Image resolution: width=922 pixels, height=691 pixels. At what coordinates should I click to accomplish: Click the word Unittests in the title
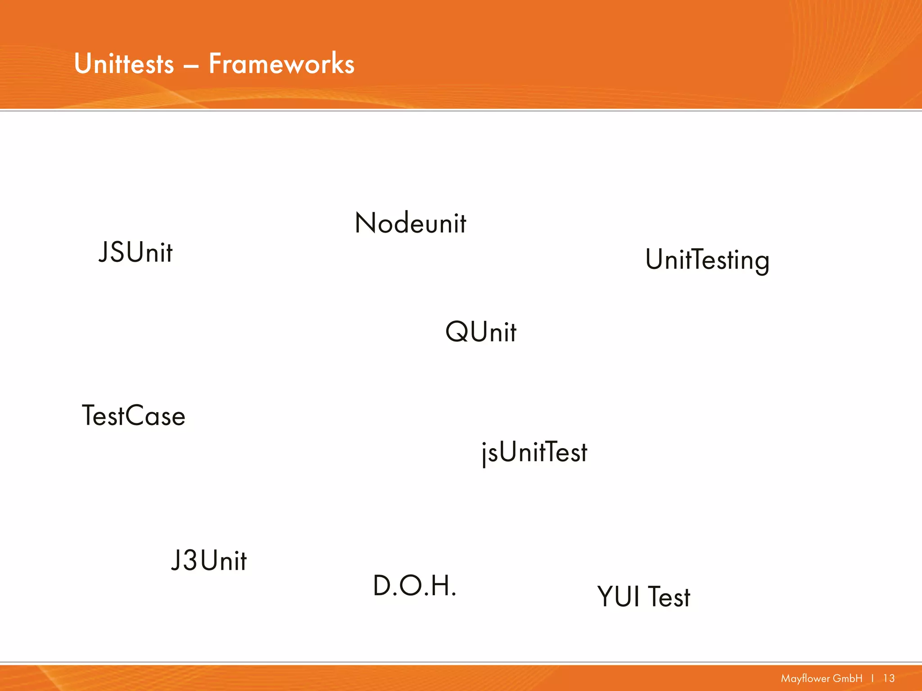(x=124, y=63)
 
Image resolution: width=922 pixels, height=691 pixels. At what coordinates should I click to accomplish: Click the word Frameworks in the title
(x=281, y=63)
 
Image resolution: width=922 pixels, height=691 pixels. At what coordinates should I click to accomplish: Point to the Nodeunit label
(x=410, y=223)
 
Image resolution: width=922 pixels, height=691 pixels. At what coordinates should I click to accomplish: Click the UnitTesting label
(x=707, y=260)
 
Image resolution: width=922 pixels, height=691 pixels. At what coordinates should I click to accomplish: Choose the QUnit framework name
(x=480, y=332)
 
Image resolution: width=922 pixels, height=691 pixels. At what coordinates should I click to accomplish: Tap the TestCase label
(x=134, y=416)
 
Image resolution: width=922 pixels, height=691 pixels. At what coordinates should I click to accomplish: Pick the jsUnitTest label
(x=534, y=452)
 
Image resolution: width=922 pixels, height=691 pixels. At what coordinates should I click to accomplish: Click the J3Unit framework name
(x=209, y=561)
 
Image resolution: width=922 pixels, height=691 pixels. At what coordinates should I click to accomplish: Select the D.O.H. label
(x=415, y=586)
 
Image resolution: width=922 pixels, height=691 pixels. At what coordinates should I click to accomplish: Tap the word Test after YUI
(x=669, y=597)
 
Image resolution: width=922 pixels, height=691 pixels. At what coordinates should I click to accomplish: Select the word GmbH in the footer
(x=848, y=678)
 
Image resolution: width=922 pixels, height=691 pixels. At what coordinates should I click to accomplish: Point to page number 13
(x=889, y=678)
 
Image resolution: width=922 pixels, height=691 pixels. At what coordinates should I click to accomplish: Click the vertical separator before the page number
(x=872, y=678)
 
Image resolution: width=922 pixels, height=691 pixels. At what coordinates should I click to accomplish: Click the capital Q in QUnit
(x=457, y=332)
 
